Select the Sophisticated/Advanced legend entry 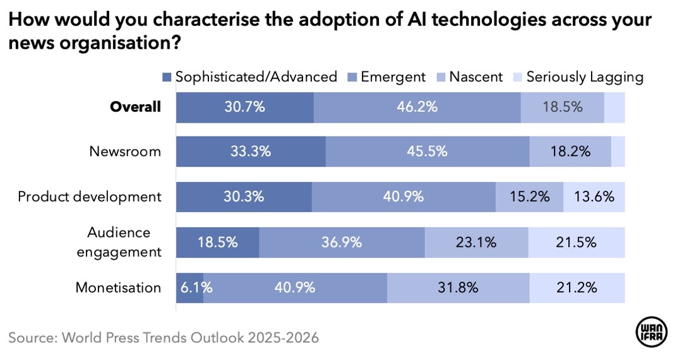pyautogui.click(x=249, y=77)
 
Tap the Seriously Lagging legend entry pyautogui.click(x=578, y=77)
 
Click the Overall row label pyautogui.click(x=135, y=107)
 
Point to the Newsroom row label pyautogui.click(x=125, y=152)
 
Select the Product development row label pyautogui.click(x=90, y=196)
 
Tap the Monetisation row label pyautogui.click(x=118, y=287)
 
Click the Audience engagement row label pyautogui.click(x=119, y=242)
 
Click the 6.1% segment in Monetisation pyautogui.click(x=189, y=288)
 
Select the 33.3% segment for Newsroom pyautogui.click(x=251, y=152)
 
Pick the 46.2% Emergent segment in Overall pyautogui.click(x=417, y=107)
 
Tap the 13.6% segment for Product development pyautogui.click(x=594, y=197)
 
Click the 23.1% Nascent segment pyautogui.click(x=476, y=243)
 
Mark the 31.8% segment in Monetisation pyautogui.click(x=458, y=288)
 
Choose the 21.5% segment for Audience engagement pyautogui.click(x=576, y=243)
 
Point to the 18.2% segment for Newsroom pyautogui.click(x=570, y=152)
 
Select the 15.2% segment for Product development pyautogui.click(x=529, y=197)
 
